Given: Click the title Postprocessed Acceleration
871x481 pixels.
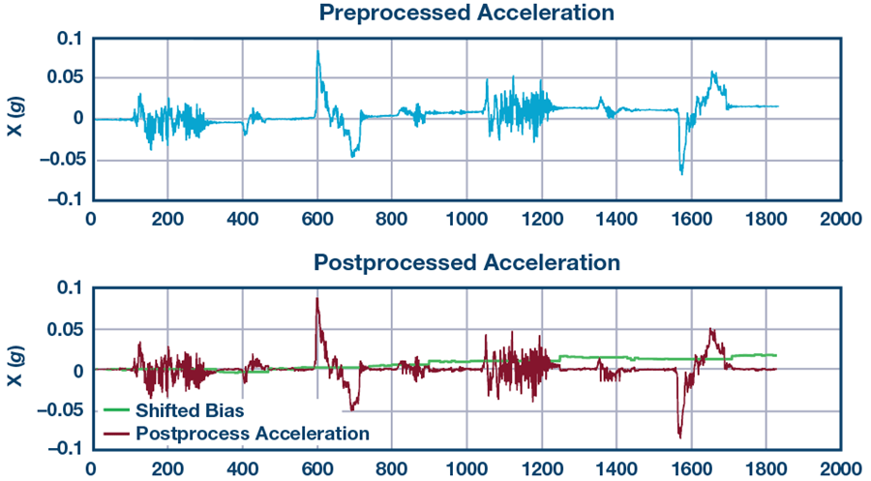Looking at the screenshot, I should pos(466,262).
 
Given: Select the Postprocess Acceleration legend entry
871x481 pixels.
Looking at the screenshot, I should pos(253,433).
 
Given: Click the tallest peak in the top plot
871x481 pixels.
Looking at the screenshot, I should pos(317,51).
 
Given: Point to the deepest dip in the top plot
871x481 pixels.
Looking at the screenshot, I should pos(682,173).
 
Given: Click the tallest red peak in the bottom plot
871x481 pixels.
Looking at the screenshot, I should pos(316,298).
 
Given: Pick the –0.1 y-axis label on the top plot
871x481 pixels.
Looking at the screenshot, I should pos(65,199).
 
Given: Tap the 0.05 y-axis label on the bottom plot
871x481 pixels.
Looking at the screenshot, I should pos(66,329).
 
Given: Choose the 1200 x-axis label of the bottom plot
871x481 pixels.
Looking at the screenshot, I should pos(541,468).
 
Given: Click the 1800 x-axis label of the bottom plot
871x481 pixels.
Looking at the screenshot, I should pos(766,468).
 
